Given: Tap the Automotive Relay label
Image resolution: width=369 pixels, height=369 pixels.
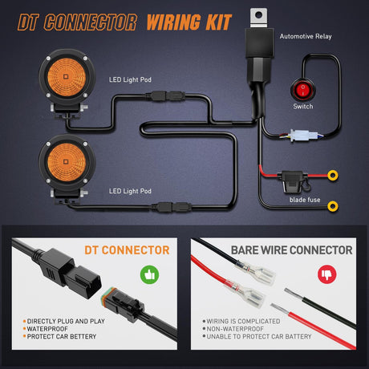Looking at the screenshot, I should point(306,37).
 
